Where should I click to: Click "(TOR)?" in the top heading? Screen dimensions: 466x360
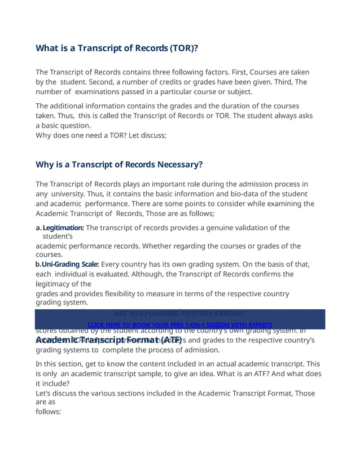[x=181, y=48]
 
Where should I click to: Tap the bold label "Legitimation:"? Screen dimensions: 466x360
[x=63, y=228]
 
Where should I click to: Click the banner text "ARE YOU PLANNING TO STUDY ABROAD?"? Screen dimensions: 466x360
[x=180, y=313]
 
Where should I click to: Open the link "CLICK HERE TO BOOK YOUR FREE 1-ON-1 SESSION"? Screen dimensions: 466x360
[x=180, y=325]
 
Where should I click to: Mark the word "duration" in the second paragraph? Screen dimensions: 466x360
[x=247, y=106]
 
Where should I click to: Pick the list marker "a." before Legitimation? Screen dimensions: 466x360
[x=39, y=228]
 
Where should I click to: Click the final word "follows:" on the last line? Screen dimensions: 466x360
[x=48, y=412]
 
